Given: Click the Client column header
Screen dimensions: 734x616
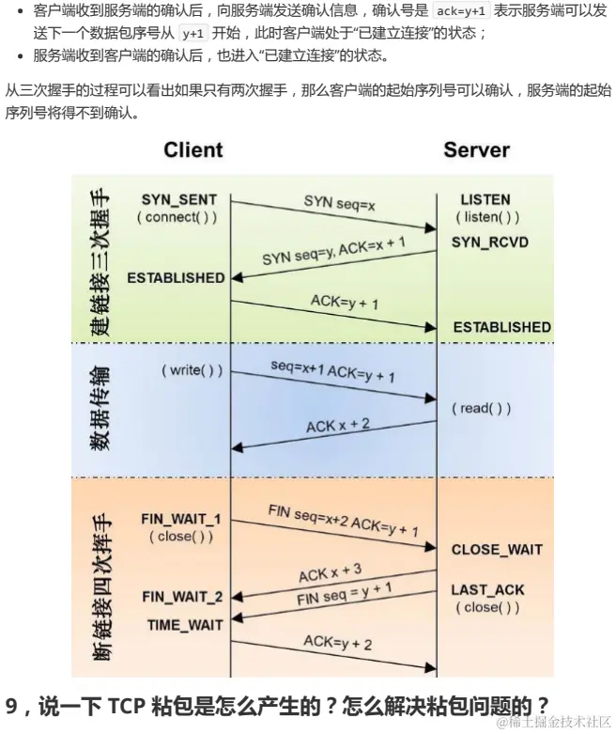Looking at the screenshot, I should coord(192,149).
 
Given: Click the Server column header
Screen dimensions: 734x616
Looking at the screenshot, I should coord(476,149).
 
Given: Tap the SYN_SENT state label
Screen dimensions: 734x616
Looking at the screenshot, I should coord(178,200).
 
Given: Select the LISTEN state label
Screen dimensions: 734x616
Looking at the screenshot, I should coord(485,200).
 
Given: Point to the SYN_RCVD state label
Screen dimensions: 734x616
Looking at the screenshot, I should coord(489,242).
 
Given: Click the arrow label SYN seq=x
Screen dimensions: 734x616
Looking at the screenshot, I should coord(339,202).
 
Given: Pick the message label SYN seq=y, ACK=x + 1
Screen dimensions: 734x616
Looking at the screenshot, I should coord(333,250).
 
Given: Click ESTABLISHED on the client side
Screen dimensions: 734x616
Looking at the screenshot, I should coord(176,278).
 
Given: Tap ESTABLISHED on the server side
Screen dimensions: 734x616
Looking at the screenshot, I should coord(501,327).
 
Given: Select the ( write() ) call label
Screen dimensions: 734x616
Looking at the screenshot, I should coord(192,370).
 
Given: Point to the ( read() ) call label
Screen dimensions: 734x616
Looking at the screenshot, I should coord(482,408).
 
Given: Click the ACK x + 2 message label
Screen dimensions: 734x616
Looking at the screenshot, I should coord(338,426).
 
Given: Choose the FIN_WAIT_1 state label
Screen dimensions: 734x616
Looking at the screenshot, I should coord(180,519).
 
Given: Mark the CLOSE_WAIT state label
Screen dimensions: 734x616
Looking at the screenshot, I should coord(497,550).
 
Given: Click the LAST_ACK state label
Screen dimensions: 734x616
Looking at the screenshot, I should coord(487,590).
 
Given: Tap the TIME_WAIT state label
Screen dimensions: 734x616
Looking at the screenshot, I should coord(185,625).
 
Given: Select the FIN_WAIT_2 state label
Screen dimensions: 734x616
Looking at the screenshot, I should coord(182,597).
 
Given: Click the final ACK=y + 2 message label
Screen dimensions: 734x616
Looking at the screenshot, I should coord(337,642).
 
